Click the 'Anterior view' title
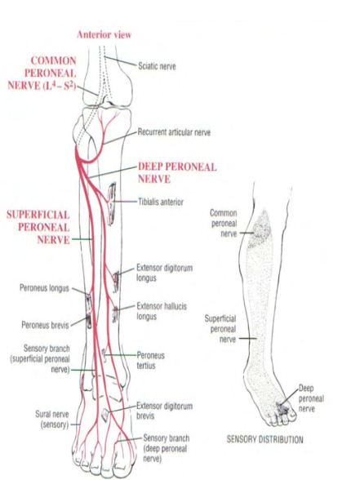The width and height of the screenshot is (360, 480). (x=104, y=34)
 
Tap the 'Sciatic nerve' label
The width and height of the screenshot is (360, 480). (x=157, y=66)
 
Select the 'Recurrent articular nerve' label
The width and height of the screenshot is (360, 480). (x=174, y=132)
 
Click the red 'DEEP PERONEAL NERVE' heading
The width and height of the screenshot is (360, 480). (x=177, y=173)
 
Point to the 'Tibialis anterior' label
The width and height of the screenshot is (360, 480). (x=161, y=202)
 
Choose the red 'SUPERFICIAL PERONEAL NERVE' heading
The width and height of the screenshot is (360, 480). (x=38, y=227)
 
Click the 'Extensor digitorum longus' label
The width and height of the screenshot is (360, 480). (x=164, y=273)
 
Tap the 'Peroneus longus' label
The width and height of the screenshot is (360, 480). (x=44, y=288)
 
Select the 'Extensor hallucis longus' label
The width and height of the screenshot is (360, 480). (x=162, y=311)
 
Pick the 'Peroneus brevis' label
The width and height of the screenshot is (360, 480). (x=46, y=325)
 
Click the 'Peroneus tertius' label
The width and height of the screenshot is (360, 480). (x=150, y=360)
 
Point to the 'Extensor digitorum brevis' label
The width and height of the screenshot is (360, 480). (x=164, y=411)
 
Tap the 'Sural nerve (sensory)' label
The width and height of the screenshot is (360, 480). (x=52, y=420)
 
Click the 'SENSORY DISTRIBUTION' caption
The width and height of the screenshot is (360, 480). (x=264, y=439)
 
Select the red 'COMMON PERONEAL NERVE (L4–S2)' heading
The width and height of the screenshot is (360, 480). (x=42, y=73)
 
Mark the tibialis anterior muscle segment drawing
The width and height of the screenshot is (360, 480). (x=111, y=203)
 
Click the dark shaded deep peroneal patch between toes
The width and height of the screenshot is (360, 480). (x=282, y=408)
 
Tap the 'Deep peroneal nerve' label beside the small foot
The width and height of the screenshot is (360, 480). (x=311, y=398)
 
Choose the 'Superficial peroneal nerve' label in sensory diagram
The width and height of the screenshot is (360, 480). (x=220, y=329)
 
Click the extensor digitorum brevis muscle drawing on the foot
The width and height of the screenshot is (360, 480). (x=105, y=415)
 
